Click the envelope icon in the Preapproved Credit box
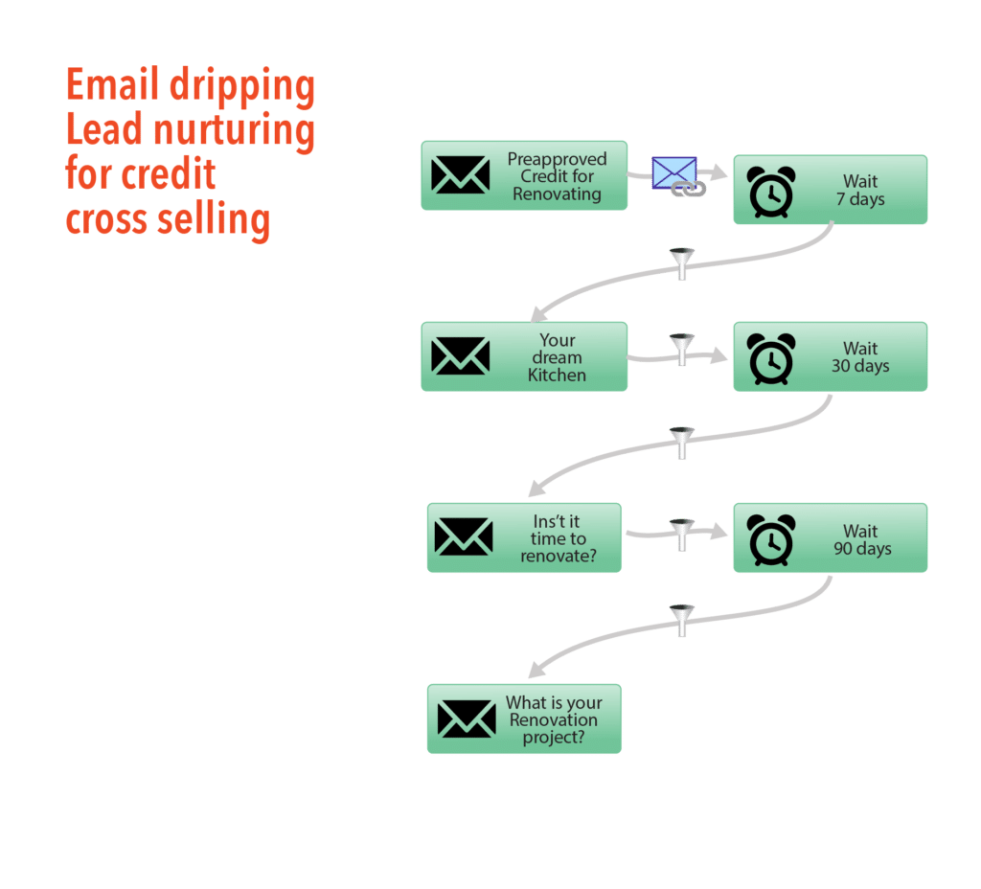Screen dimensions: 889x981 click(x=460, y=175)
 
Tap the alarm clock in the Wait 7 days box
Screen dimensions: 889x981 click(x=771, y=192)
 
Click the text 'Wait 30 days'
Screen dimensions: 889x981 click(x=860, y=357)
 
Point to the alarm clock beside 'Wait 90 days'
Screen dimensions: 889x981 click(x=771, y=540)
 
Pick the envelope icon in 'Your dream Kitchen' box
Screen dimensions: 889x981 click(x=460, y=356)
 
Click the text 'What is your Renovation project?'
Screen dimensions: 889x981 click(x=554, y=720)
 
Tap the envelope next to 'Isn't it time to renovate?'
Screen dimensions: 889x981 click(x=464, y=537)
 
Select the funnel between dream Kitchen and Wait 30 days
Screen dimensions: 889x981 click(x=681, y=349)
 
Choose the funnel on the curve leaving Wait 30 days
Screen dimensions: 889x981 click(x=681, y=442)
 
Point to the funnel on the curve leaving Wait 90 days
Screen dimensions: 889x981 click(x=681, y=619)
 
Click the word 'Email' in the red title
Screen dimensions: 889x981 click(x=112, y=87)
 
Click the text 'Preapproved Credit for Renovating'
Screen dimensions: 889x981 click(x=557, y=176)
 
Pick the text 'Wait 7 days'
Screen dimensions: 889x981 click(x=860, y=191)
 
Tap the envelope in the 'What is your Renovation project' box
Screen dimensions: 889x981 click(x=467, y=718)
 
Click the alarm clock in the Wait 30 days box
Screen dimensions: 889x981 click(x=771, y=358)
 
